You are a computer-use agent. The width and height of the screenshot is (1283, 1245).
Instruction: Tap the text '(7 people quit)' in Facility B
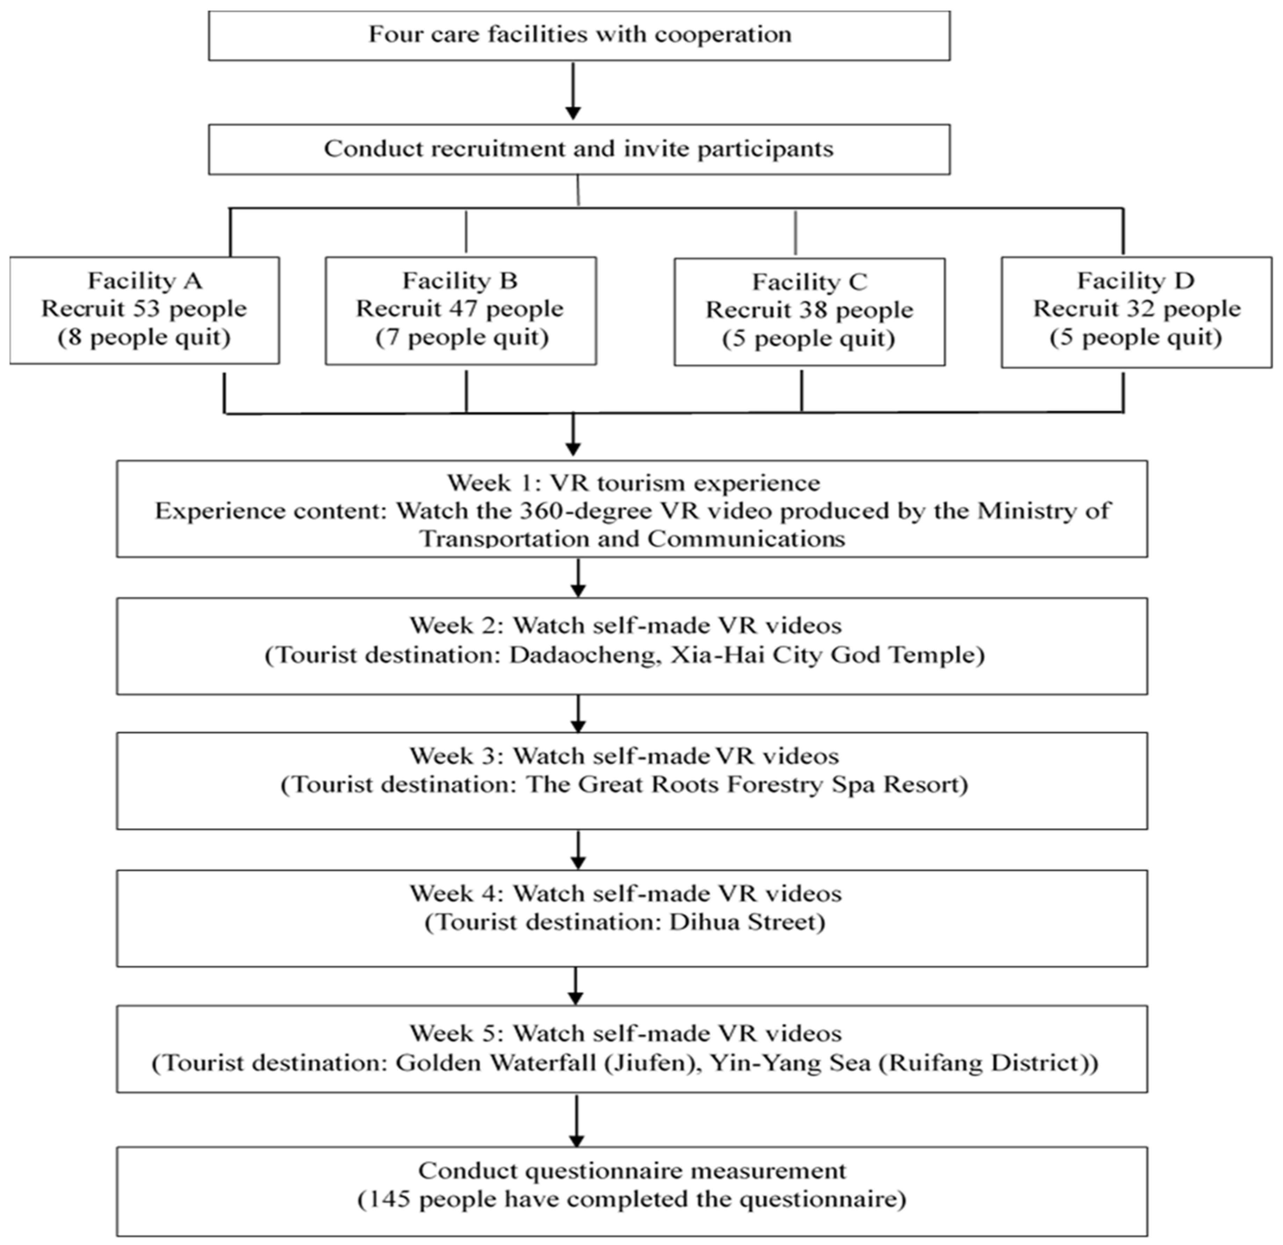pos(461,338)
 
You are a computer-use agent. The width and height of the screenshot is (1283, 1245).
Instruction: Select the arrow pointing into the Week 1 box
pos(574,435)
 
